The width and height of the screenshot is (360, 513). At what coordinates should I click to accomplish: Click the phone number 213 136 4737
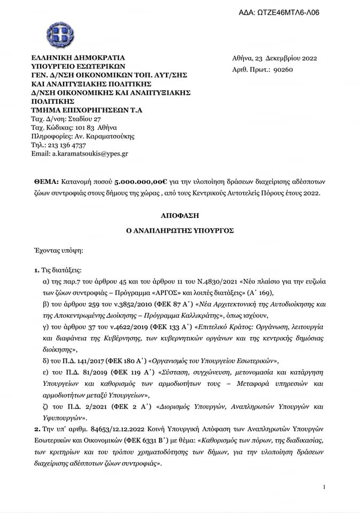coord(65,145)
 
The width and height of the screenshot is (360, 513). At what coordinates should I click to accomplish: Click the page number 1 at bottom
coord(324,486)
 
